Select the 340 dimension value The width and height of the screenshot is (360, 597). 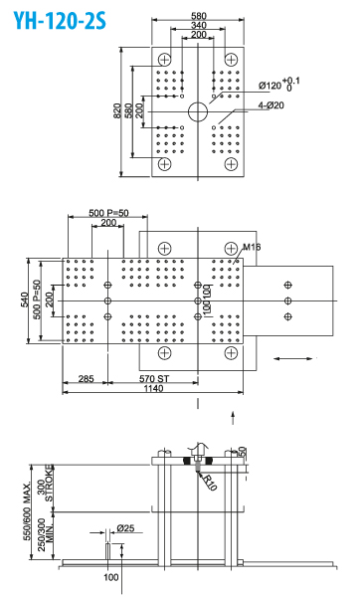tap(199, 25)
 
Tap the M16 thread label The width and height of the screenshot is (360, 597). tap(252, 246)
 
